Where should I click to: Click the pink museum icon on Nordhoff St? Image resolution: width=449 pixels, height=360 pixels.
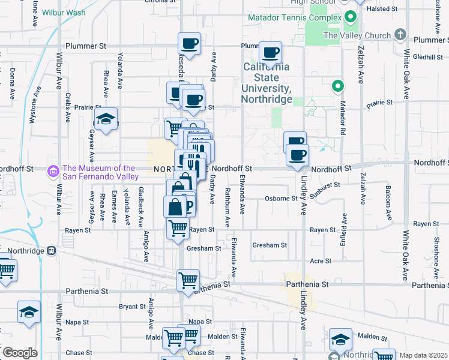tap(54, 172)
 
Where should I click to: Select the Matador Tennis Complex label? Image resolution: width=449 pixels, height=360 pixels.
tap(295, 18)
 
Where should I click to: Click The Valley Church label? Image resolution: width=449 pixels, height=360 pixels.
tap(357, 35)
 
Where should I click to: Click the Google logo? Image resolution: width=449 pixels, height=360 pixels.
tap(19, 353)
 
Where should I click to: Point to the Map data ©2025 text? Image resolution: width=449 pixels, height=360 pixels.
tap(423, 355)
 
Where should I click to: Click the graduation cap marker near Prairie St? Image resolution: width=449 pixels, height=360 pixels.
tap(106, 119)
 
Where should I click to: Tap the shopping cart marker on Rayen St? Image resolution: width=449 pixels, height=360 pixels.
tap(178, 228)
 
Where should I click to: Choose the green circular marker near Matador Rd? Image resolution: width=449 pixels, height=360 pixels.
tap(338, 86)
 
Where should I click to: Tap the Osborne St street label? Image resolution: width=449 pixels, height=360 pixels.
tap(282, 199)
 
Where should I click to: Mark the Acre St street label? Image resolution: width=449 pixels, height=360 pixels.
tap(321, 261)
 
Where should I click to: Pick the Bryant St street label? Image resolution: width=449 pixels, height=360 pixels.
tap(128, 306)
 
